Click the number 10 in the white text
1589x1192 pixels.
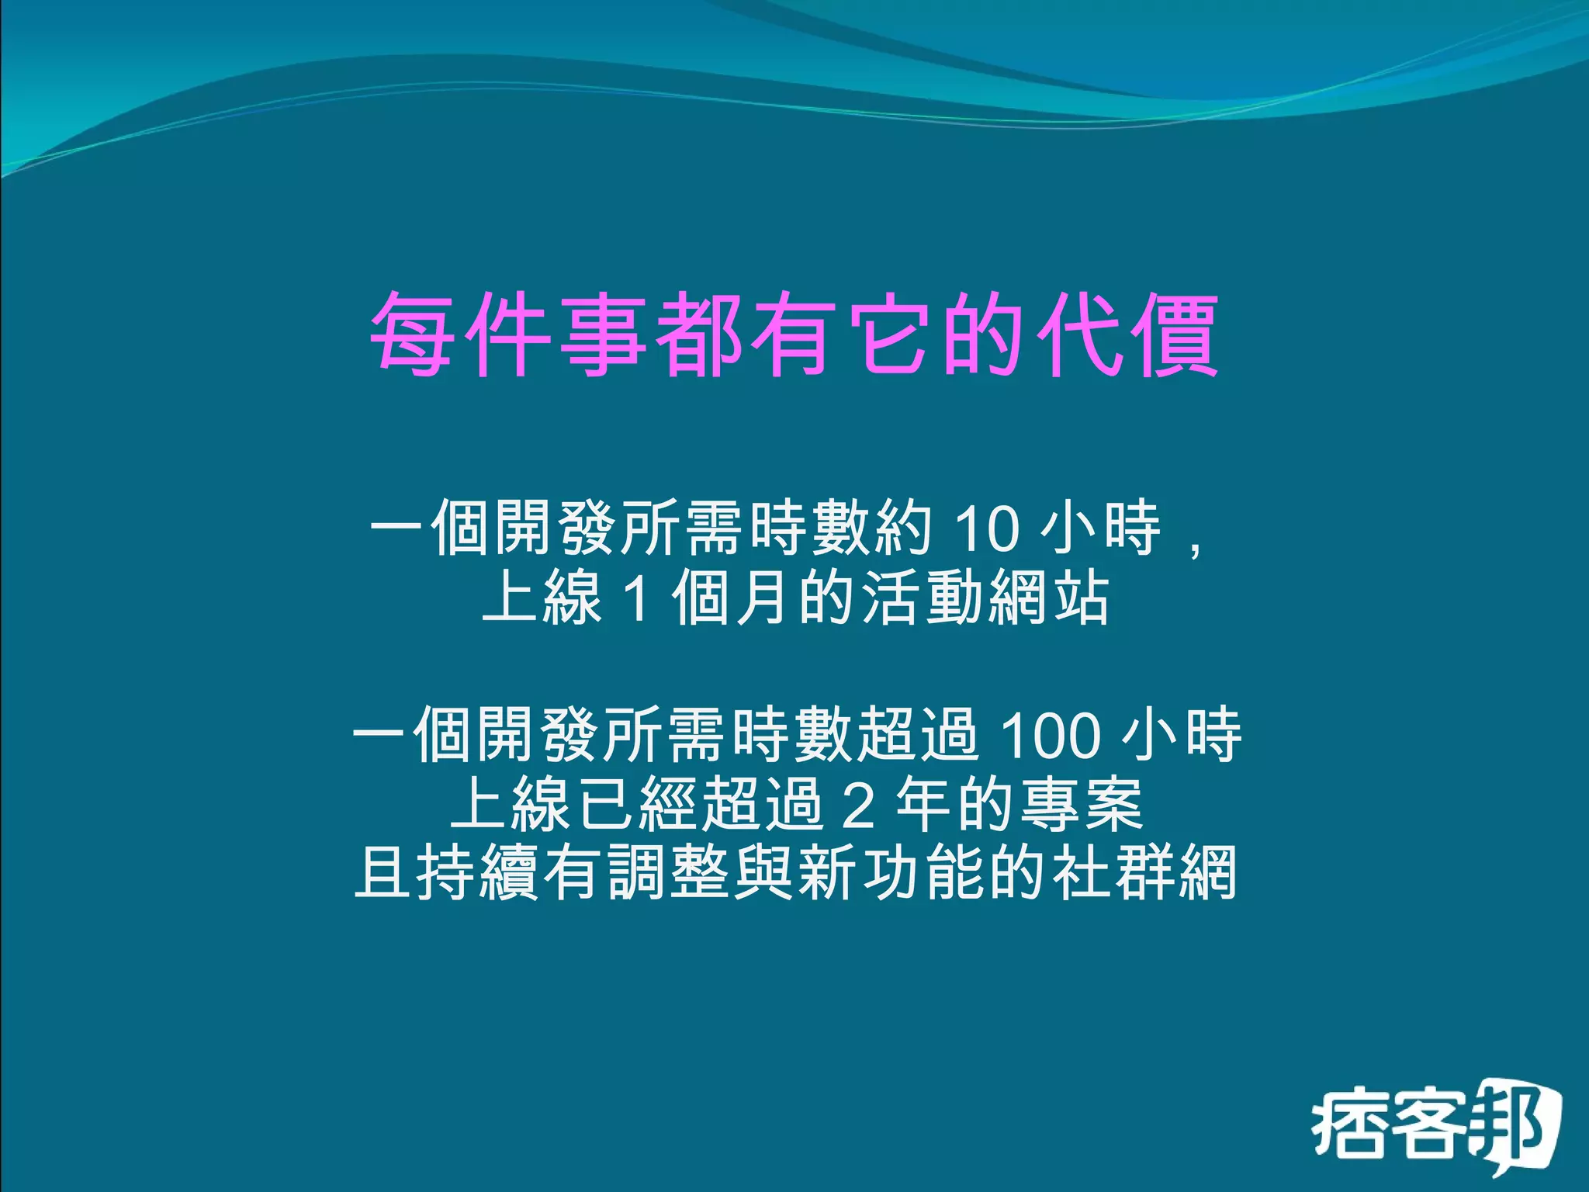985,529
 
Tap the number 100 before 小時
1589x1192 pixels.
1051,735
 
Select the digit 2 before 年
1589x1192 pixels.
859,805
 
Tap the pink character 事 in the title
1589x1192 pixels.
604,334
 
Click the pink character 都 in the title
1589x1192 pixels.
699,334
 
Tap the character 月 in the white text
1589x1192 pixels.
764,598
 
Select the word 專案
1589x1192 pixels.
1081,805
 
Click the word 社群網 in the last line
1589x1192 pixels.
1144,873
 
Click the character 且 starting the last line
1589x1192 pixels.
383,873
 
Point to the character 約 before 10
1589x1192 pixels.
903,529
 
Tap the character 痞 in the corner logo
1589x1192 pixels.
1348,1125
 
